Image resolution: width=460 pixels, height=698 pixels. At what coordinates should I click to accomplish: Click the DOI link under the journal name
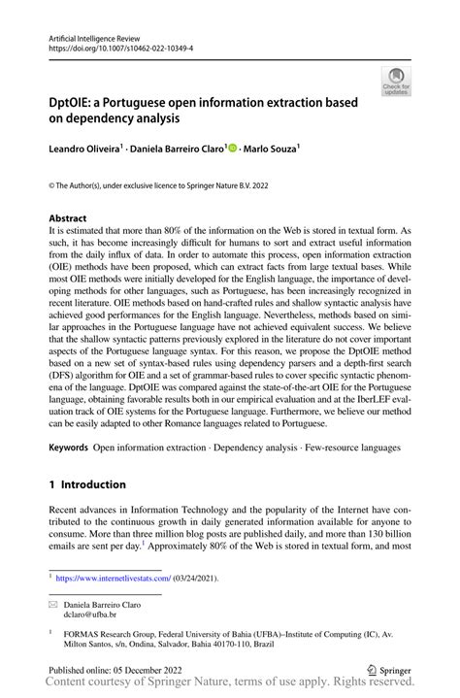point(115,47)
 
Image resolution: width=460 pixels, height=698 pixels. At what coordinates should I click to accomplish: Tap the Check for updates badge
point(396,82)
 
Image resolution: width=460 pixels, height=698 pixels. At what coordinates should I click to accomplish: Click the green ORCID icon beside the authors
point(231,149)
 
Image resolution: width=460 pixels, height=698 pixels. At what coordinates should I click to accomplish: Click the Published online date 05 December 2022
point(116,669)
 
